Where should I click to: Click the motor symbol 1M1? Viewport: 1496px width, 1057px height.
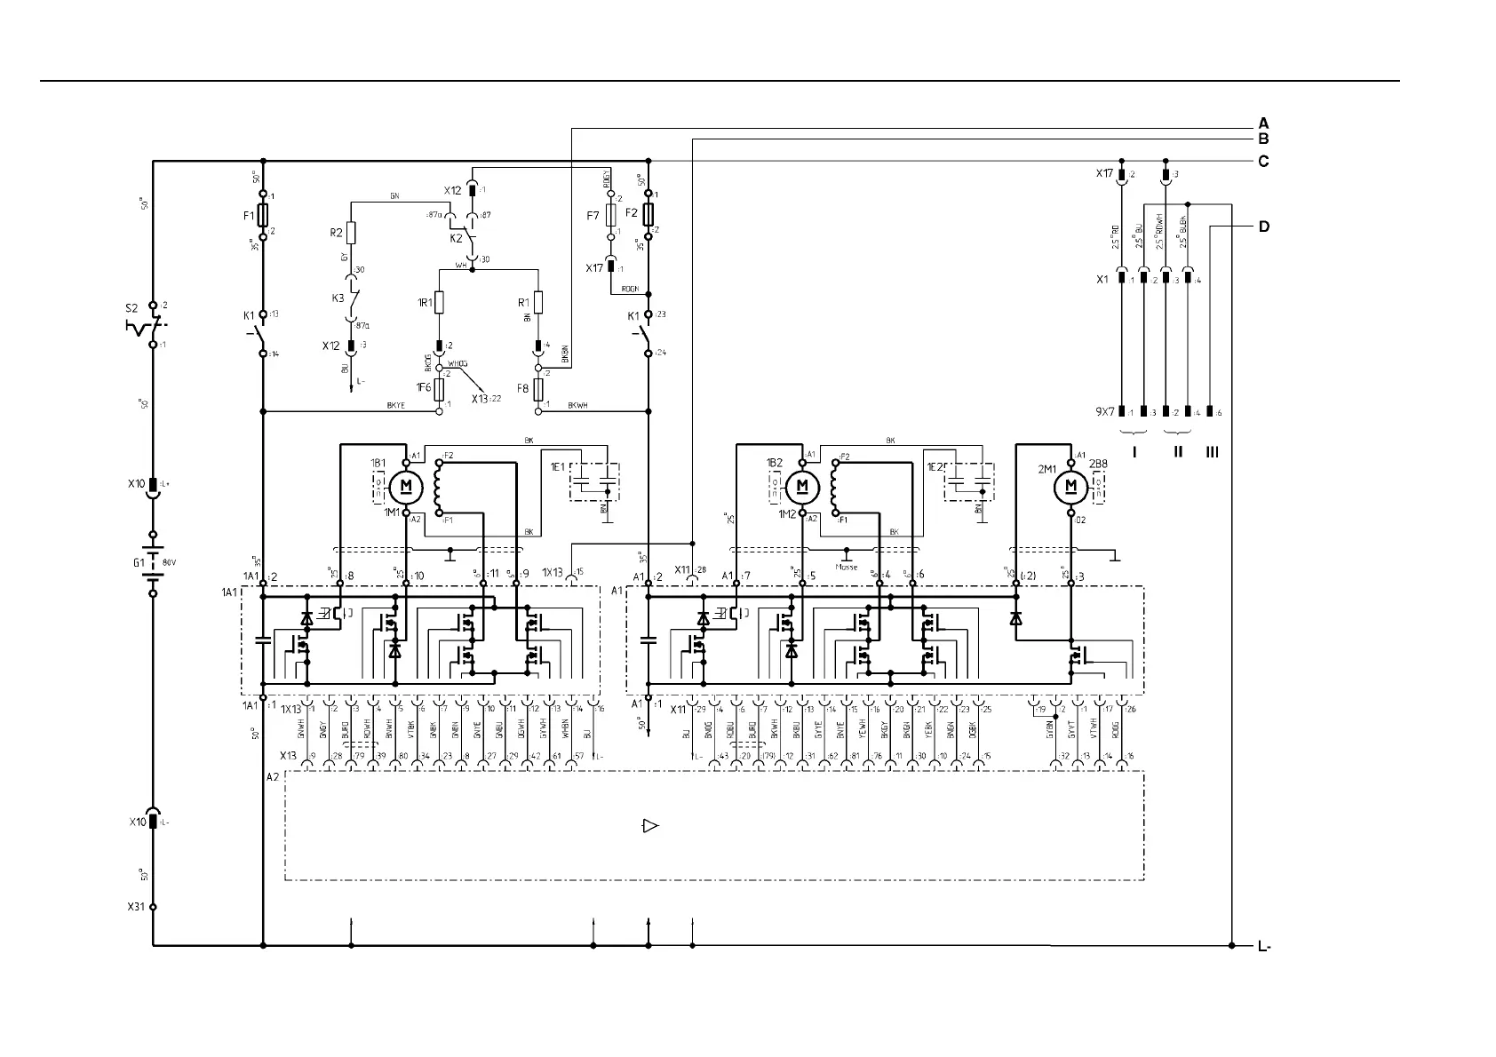(406, 486)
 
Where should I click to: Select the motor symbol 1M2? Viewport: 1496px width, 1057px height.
(802, 486)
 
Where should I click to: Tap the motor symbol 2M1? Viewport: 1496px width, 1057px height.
(1070, 486)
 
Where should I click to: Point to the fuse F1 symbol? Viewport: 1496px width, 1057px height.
(263, 215)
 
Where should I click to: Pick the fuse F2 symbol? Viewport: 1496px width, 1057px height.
(649, 214)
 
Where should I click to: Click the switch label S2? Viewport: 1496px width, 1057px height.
(131, 309)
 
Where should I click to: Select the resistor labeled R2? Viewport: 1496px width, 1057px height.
(352, 234)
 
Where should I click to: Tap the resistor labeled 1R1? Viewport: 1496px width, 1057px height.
(439, 302)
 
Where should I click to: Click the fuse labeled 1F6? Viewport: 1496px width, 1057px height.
(439, 389)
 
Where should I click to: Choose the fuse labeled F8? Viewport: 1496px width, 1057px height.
(537, 389)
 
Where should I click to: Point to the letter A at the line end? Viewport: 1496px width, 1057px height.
(1263, 123)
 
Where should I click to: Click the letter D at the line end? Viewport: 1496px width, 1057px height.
(1263, 226)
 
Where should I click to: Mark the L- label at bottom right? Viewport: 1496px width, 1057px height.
(1264, 947)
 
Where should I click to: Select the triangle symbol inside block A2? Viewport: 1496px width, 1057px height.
(650, 826)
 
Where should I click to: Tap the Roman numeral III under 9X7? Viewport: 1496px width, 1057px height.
(1213, 452)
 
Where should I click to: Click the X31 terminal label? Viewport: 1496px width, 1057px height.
(135, 908)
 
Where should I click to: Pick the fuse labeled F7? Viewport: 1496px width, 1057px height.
(611, 215)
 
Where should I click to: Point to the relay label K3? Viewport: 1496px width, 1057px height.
(338, 298)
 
